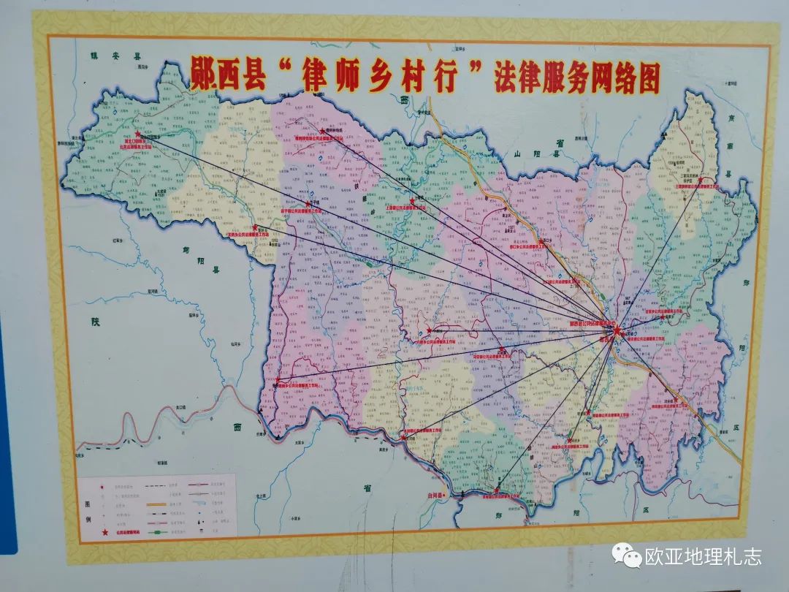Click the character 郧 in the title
(x=204, y=77)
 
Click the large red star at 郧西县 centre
(x=617, y=333)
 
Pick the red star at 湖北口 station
(x=137, y=134)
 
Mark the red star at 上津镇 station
(x=413, y=200)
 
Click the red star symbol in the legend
(x=104, y=535)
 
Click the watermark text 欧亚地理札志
(x=703, y=556)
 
